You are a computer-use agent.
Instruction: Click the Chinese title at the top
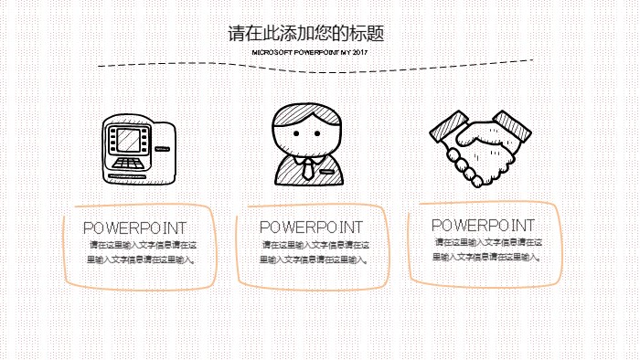tap(306, 34)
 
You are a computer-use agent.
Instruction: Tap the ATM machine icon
tap(136, 147)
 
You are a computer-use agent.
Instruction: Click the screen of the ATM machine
tap(127, 140)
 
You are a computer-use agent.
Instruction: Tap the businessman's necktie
tap(309, 168)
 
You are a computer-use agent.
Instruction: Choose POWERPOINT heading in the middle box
tap(311, 227)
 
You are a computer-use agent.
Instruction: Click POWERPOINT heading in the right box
tap(483, 225)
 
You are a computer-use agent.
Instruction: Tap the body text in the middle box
tap(315, 252)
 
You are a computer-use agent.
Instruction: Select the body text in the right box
tap(489, 249)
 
